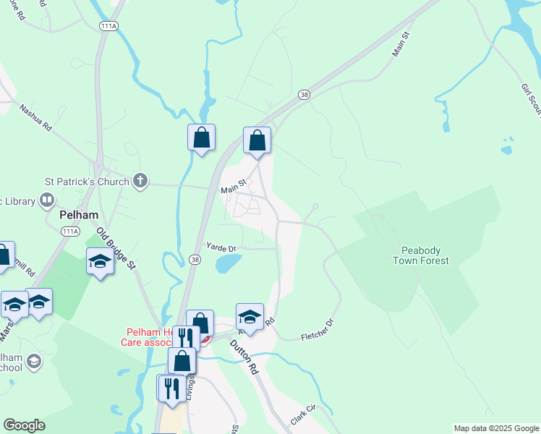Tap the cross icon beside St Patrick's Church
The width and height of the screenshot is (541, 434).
click(140, 182)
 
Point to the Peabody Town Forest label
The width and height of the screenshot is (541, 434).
click(421, 255)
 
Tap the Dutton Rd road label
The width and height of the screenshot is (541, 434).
click(244, 357)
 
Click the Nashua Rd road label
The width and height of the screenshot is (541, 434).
click(36, 117)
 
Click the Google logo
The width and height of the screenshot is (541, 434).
click(24, 425)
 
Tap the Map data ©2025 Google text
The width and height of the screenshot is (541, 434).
click(495, 428)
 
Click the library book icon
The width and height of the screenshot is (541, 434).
click(47, 199)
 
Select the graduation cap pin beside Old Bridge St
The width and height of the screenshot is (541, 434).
click(100, 262)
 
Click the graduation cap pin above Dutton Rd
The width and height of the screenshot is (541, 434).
click(250, 317)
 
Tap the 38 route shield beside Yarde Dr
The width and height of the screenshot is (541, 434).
click(195, 258)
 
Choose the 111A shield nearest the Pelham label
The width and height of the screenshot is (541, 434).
click(70, 231)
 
